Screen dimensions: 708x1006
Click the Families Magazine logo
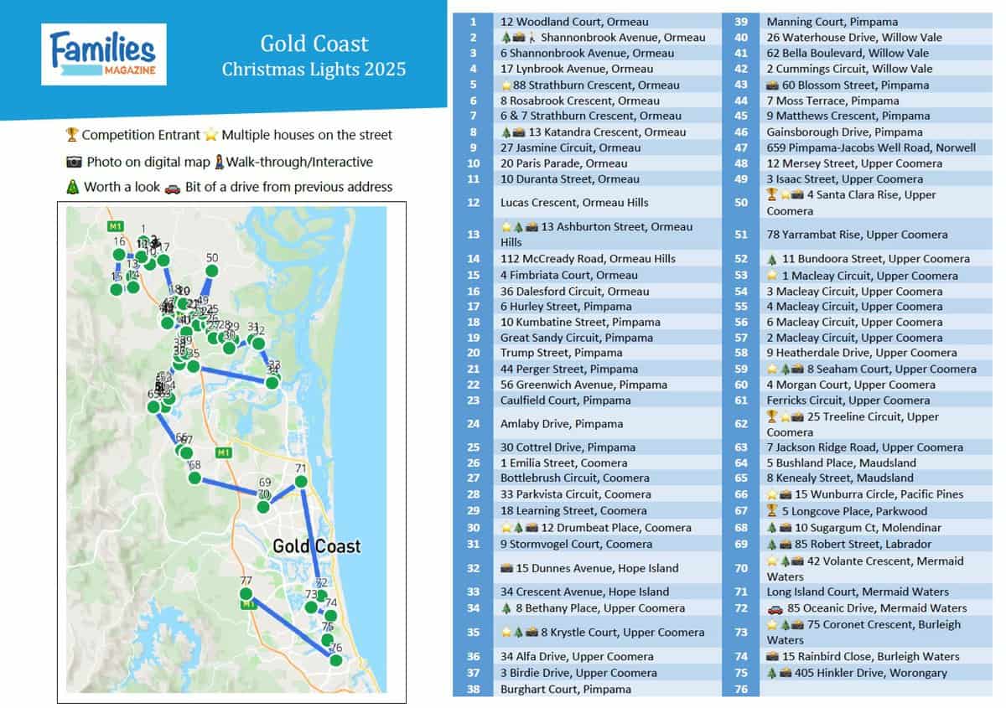103,54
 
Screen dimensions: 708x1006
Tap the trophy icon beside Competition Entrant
71,135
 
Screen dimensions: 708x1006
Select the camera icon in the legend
73,162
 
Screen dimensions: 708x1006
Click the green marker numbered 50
211,271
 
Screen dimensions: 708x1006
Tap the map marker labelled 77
246,593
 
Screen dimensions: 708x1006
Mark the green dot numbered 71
301,481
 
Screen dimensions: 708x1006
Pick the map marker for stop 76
336,659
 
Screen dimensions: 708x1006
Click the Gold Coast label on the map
316,546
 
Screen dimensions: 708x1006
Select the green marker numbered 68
194,478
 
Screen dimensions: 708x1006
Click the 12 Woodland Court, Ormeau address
573,22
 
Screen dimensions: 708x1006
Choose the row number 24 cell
474,424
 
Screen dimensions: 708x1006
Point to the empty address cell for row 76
876,689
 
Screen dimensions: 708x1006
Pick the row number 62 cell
740,424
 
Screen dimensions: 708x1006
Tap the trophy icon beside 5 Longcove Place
772,511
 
